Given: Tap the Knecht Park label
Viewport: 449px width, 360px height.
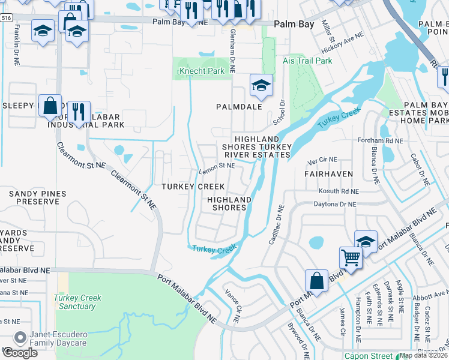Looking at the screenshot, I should [x=202, y=71].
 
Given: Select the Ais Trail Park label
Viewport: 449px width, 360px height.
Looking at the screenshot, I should [x=307, y=61].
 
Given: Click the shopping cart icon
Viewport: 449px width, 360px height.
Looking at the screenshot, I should [x=351, y=257].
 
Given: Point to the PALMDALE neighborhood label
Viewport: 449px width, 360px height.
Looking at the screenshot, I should [x=240, y=107].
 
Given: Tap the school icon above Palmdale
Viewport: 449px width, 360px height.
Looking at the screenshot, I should [x=261, y=85].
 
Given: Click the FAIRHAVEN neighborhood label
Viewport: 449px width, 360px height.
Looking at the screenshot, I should [x=328, y=173].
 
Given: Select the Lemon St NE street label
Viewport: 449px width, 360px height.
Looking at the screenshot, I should [x=217, y=166].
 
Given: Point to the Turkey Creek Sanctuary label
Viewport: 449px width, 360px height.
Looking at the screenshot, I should [x=77, y=302].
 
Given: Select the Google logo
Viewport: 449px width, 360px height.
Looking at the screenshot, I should [x=19, y=353].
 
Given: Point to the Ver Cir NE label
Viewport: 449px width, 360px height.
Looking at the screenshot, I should [x=322, y=161].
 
